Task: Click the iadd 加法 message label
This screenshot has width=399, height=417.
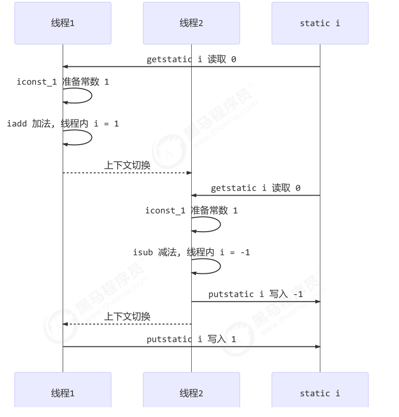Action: pos(63,124)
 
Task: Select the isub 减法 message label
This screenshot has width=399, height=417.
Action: pos(191,253)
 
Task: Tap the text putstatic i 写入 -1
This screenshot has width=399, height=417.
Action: pos(256,294)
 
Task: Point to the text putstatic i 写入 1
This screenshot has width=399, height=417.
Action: pos(191,339)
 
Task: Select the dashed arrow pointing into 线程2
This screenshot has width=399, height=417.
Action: pos(127,172)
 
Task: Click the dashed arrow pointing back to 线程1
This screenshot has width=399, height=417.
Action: pos(127,324)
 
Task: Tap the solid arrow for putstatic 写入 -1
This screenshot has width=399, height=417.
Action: pos(256,302)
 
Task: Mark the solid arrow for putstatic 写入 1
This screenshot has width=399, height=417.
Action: pos(191,346)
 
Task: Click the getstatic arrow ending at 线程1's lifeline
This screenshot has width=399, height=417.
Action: pos(191,66)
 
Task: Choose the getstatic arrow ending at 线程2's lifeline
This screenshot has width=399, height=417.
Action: pos(256,195)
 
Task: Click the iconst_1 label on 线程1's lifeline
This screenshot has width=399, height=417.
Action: pos(63,82)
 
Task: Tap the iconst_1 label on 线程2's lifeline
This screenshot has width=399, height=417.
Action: pos(191,211)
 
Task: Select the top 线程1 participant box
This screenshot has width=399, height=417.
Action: pos(63,23)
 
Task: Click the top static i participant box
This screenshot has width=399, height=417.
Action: pos(320,23)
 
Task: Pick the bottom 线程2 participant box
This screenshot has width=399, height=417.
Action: pos(191,393)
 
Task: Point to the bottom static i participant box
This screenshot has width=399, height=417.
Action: pos(320,393)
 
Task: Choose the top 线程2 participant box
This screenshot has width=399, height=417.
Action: pos(191,23)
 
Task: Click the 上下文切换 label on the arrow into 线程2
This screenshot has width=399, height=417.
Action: pos(127,165)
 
